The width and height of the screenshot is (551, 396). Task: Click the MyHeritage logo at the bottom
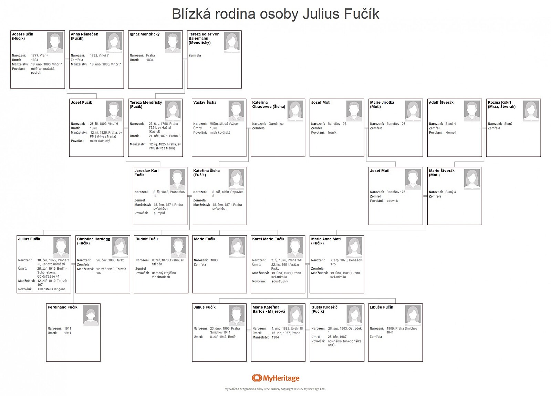[275, 378]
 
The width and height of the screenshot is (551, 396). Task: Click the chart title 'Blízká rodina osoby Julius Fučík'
[275, 14]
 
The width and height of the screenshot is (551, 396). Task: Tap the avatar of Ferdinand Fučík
[91, 315]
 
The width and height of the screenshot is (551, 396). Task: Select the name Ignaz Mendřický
[145, 34]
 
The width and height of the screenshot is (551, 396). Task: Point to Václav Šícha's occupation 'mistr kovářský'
[220, 133]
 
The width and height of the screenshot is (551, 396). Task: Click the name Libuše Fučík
[381, 307]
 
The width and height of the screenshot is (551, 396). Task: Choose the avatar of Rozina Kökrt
[531, 111]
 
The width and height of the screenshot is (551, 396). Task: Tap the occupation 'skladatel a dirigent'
[51, 289]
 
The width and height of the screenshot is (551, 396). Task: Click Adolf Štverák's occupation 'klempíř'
[451, 133]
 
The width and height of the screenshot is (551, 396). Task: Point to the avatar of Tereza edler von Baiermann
[232, 43]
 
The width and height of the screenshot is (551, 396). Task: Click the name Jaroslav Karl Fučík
[146, 173]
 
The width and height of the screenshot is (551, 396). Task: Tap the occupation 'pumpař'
[159, 213]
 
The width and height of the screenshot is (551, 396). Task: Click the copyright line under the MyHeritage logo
[275, 389]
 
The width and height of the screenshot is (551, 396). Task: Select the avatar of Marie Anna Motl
[354, 248]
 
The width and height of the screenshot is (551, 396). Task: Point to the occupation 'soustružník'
[280, 281]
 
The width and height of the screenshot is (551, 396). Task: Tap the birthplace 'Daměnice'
[276, 124]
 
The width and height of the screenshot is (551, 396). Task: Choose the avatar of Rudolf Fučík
[179, 248]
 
